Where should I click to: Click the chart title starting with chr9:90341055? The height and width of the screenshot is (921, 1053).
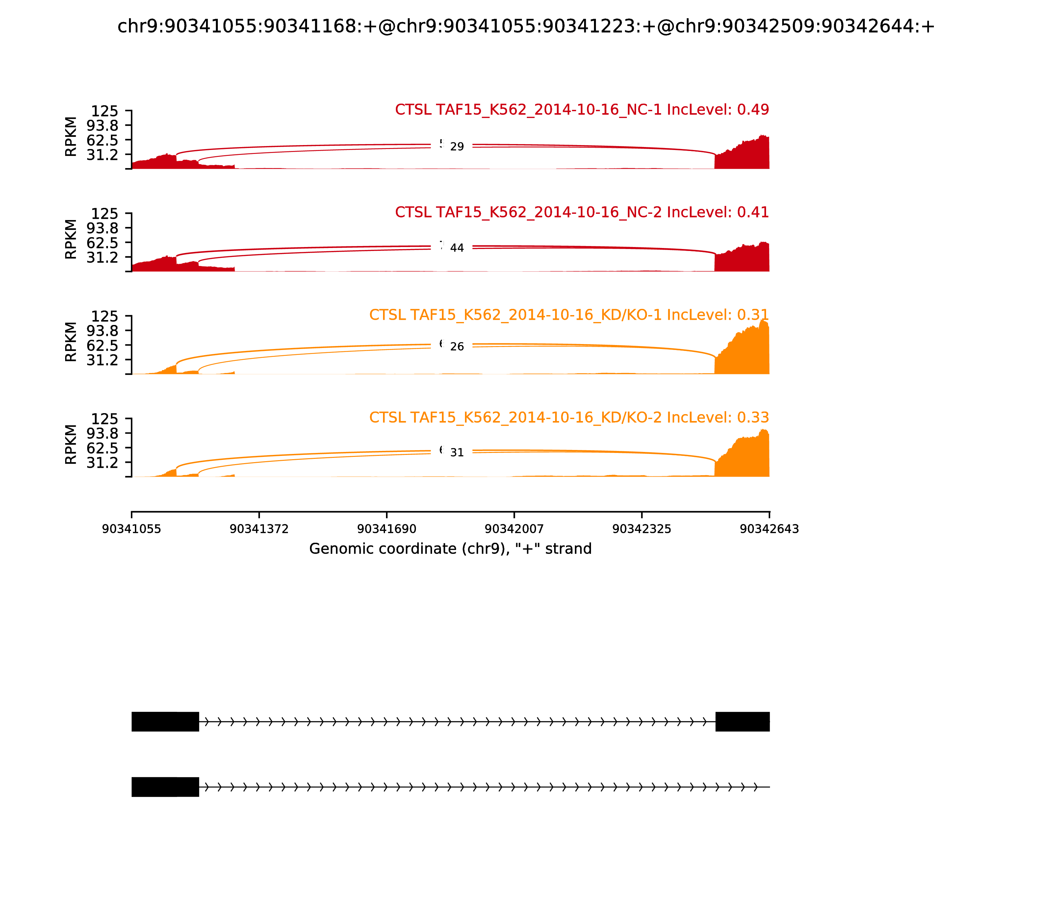point(526,26)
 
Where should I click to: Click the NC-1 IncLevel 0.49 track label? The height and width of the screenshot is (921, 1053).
point(581,110)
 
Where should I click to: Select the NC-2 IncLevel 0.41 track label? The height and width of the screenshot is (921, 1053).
point(581,212)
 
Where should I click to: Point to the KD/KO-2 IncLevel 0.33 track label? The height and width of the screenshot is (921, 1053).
point(569,417)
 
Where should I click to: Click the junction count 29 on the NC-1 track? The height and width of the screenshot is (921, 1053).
point(457,147)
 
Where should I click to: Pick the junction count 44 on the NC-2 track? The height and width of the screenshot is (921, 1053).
point(457,248)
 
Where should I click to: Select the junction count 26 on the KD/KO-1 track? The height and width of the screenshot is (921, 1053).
point(457,347)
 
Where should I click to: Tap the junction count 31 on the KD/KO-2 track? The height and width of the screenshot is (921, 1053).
point(457,453)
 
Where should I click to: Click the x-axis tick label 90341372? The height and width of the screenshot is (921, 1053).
point(259,529)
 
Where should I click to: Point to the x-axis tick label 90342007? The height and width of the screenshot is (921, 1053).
point(514,529)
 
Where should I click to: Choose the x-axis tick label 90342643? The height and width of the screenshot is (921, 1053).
point(769,529)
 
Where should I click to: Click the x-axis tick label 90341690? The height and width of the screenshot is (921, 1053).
point(387,529)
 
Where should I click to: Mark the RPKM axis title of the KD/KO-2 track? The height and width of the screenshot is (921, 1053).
point(71,445)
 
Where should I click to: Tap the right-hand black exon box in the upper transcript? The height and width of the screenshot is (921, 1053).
point(742,722)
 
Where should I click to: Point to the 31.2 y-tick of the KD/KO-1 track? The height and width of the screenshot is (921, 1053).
point(102,360)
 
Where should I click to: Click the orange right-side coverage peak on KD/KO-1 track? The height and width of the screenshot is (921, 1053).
point(746,349)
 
